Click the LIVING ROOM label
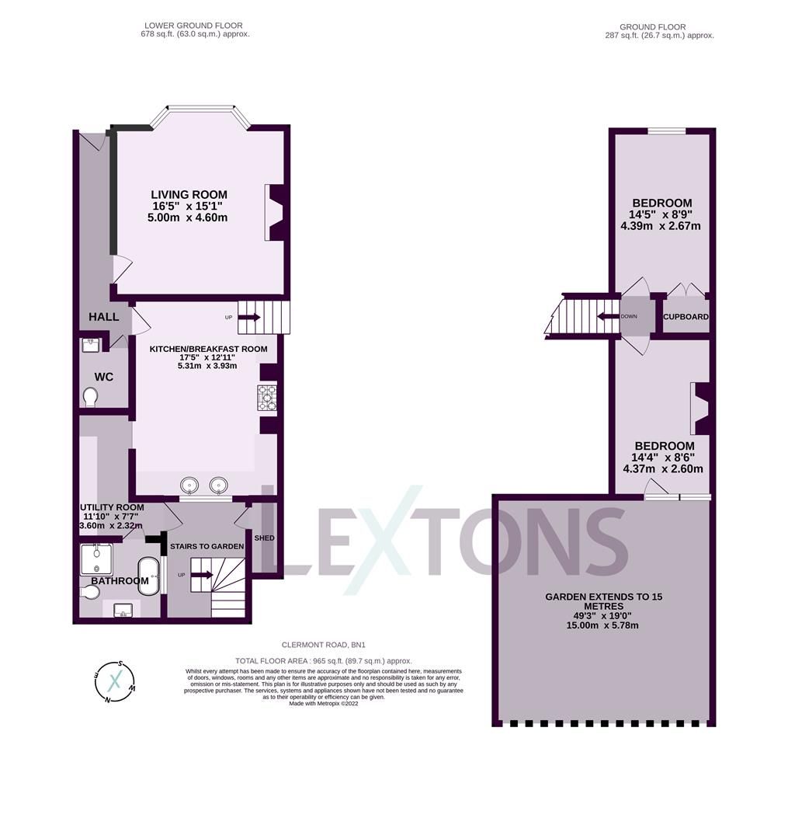click(189, 194)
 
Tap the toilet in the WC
click(90, 397)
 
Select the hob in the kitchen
click(267, 397)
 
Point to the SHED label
click(264, 538)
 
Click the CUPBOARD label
click(686, 317)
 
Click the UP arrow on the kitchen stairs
click(250, 317)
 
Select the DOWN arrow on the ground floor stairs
click(607, 316)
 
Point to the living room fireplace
click(275, 212)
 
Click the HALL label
click(104, 317)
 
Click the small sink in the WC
click(89, 344)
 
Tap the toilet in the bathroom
click(89, 592)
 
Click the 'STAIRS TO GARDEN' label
click(207, 546)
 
